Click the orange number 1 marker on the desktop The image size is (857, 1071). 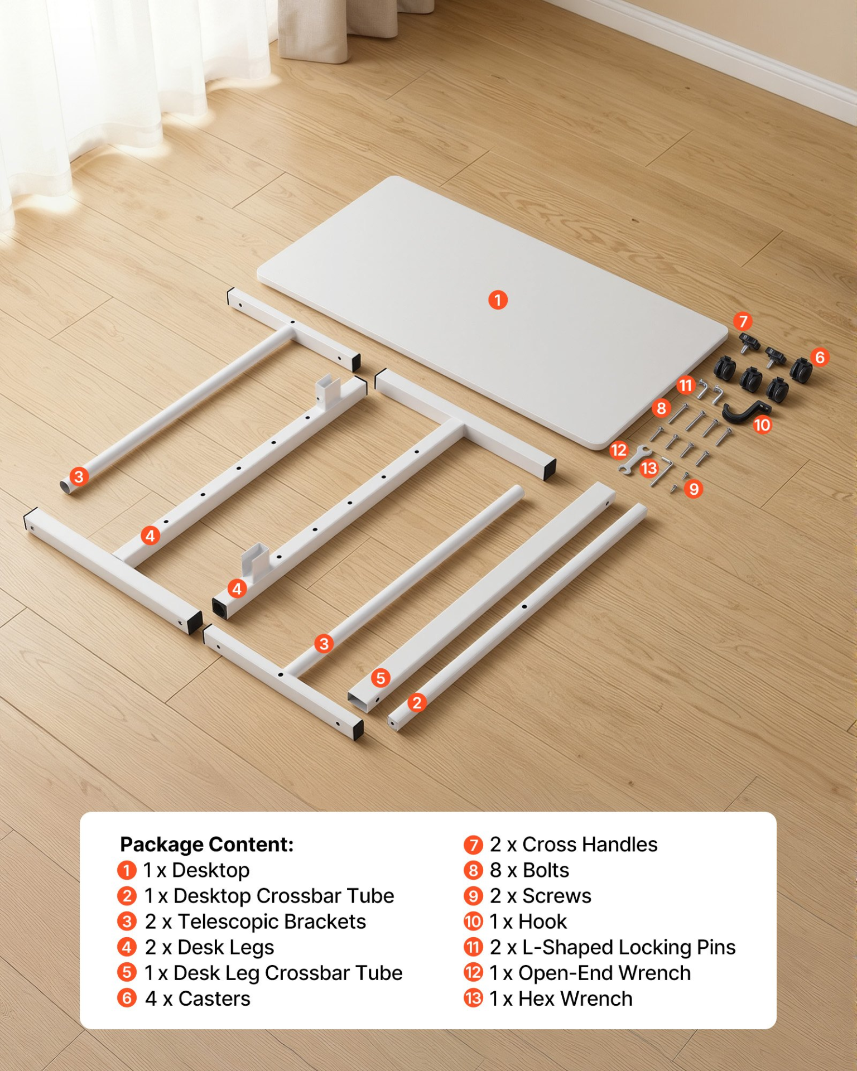click(498, 300)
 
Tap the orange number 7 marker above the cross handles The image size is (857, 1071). click(743, 321)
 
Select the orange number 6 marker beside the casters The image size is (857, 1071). click(820, 357)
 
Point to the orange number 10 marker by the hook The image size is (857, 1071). click(762, 425)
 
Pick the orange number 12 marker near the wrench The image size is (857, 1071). click(619, 450)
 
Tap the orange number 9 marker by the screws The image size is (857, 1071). click(694, 489)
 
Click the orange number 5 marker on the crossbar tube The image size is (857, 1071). click(381, 678)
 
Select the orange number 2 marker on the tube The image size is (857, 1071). click(417, 702)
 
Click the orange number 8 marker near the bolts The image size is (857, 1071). click(661, 408)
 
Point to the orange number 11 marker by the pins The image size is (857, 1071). click(686, 385)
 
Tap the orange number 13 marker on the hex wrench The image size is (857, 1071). click(649, 468)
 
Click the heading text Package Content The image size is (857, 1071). click(207, 845)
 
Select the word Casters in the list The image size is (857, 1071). click(214, 998)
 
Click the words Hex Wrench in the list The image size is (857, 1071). click(575, 998)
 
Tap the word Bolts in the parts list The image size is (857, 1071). click(546, 870)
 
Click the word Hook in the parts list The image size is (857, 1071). click(542, 922)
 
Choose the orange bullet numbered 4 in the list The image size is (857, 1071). click(127, 947)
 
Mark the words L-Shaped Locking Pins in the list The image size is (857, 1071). click(629, 947)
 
